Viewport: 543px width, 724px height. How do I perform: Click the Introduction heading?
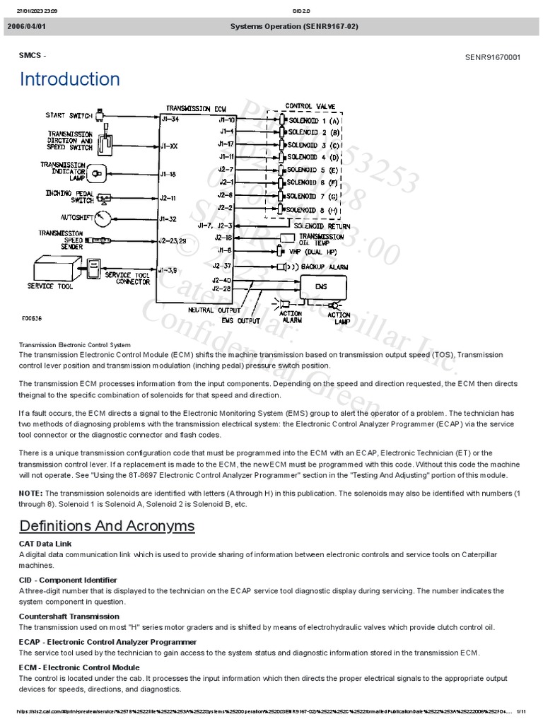coord(69,79)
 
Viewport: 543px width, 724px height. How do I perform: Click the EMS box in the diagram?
coord(322,287)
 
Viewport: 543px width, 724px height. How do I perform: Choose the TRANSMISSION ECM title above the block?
coord(197,109)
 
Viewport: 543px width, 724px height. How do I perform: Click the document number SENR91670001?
coord(492,57)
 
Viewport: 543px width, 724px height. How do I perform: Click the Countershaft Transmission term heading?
coord(69,617)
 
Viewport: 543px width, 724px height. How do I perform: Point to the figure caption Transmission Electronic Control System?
coord(74,344)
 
